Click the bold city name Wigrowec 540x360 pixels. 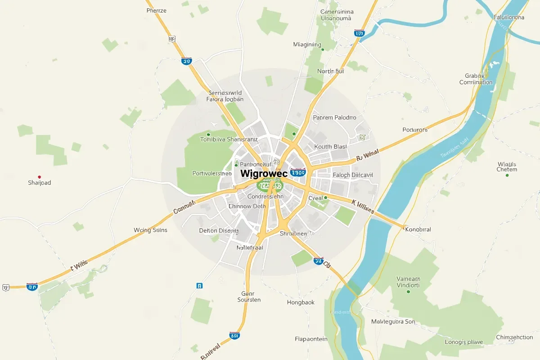(x=264, y=173)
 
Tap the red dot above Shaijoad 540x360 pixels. (x=40, y=177)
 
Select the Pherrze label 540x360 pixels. (x=156, y=10)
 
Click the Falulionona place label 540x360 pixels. (x=509, y=18)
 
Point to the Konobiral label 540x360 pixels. (x=418, y=229)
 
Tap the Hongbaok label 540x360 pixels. (x=301, y=302)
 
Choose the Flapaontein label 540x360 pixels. (x=311, y=339)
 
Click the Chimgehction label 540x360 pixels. (x=514, y=337)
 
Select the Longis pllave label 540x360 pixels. (x=463, y=342)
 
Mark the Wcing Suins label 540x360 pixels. (x=150, y=230)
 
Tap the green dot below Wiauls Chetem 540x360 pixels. (x=507, y=175)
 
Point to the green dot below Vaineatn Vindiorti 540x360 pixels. (x=408, y=292)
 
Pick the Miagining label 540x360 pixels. (x=307, y=45)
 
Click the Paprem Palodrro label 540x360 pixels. (x=334, y=117)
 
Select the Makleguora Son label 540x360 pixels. (x=393, y=322)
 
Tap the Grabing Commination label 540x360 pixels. (x=476, y=79)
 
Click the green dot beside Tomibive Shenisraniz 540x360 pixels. (x=208, y=134)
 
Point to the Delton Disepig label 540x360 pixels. (x=218, y=230)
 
